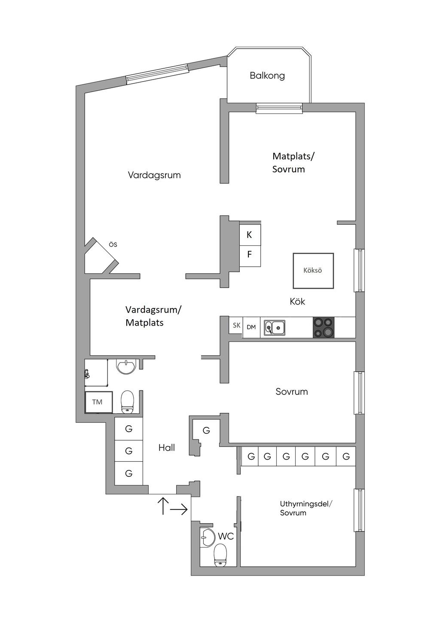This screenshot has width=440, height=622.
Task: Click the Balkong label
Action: (267, 76)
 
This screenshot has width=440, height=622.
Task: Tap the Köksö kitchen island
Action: (313, 271)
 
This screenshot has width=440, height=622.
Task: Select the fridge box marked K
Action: (250, 235)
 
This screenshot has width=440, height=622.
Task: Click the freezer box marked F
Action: (250, 255)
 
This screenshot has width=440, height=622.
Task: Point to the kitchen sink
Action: (275, 327)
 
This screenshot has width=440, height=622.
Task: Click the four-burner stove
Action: (323, 327)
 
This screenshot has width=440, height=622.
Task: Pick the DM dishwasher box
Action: (251, 327)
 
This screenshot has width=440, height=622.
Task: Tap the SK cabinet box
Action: (236, 325)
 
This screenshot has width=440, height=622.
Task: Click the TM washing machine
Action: (98, 402)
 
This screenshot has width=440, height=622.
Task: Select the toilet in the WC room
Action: (220, 555)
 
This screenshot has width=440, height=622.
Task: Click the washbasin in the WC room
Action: (208, 538)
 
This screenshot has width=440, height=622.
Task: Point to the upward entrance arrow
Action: (163, 506)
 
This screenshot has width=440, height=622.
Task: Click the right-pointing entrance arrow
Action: (179, 509)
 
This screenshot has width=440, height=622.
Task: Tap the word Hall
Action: (167, 448)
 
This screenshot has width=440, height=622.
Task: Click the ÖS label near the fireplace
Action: (113, 244)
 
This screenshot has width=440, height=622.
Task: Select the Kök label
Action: (297, 302)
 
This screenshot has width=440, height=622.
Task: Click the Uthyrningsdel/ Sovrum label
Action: (306, 508)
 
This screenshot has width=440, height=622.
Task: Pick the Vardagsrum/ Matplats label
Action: (153, 316)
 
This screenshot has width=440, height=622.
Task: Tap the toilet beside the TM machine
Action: (127, 402)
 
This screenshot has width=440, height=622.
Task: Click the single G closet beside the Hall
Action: (206, 430)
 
